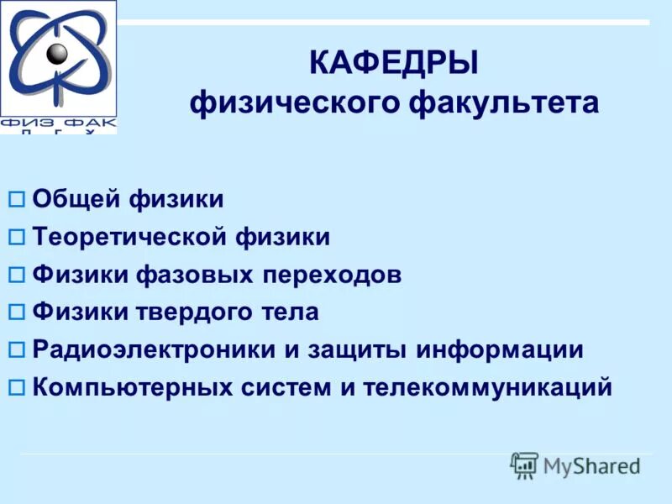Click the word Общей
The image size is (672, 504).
[x=77, y=200]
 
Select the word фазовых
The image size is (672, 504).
[x=207, y=275]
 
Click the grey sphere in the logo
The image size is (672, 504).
[x=57, y=54]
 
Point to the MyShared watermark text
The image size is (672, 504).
[x=591, y=465]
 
